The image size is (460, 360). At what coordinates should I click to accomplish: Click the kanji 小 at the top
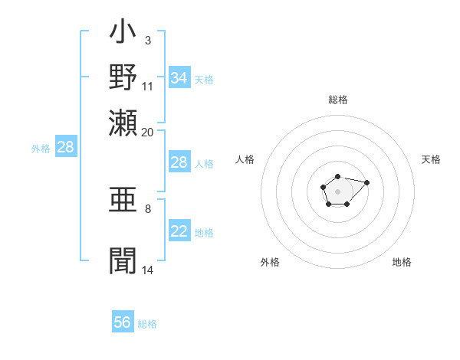(x=123, y=34)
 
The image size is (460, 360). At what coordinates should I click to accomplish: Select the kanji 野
(x=123, y=77)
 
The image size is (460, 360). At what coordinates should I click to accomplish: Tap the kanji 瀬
(x=123, y=121)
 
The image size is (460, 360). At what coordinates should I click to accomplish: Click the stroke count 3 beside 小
(x=148, y=39)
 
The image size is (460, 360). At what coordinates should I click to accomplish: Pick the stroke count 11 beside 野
(x=148, y=86)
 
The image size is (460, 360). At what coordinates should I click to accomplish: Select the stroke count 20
(x=148, y=131)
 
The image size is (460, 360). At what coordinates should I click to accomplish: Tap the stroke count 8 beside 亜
(x=148, y=207)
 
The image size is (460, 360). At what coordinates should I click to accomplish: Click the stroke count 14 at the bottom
(x=148, y=270)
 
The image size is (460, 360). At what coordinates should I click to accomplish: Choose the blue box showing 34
(x=179, y=78)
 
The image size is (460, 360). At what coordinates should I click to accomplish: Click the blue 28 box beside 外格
(x=65, y=148)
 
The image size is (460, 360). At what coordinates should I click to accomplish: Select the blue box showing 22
(x=179, y=231)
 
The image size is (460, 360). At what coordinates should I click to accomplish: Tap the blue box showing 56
(x=123, y=322)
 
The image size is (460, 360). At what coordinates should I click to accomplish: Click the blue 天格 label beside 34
(x=204, y=79)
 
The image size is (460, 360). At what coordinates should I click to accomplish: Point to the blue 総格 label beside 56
(x=147, y=324)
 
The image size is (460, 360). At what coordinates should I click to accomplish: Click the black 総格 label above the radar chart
(x=338, y=100)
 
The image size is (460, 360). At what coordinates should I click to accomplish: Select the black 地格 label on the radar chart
(x=402, y=262)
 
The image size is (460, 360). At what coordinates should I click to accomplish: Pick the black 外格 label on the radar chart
(x=271, y=262)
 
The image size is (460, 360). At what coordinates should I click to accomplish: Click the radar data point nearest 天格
(x=366, y=182)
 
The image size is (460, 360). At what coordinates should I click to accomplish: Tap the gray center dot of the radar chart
(x=337, y=190)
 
